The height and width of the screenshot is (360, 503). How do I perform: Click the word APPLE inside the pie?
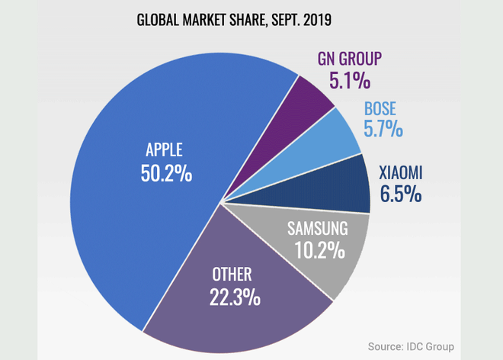coord(166,149)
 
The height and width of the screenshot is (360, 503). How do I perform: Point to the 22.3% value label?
coord(234,295)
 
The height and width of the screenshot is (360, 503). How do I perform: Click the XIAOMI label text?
coord(400,173)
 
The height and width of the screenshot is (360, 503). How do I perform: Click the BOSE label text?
coord(381,109)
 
